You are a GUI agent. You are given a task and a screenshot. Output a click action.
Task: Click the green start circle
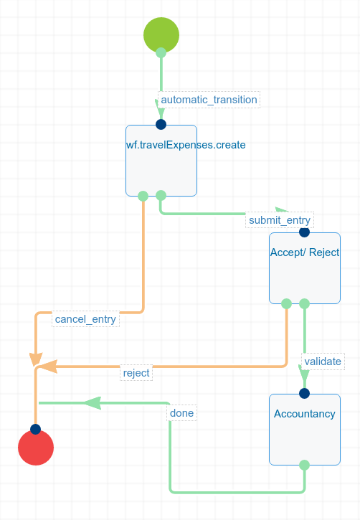tap(161, 34)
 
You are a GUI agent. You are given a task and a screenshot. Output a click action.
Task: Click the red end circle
tap(36, 448)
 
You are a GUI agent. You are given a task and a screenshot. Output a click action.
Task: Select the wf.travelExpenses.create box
tap(161, 161)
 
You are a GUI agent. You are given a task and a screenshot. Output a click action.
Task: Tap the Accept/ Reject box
tap(305, 268)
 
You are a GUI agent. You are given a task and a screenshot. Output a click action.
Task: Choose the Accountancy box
tap(305, 430)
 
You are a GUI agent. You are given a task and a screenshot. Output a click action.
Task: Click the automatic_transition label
tap(209, 100)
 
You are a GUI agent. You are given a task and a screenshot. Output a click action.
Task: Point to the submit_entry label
tap(280, 220)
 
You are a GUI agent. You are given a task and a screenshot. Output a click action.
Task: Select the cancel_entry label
tap(85, 319)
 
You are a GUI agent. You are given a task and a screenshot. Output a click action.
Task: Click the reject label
tap(136, 373)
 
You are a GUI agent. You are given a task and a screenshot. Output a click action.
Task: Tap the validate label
tap(323, 361)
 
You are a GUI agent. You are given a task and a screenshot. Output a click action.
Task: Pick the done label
tap(181, 413)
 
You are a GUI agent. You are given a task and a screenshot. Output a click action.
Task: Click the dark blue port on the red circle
tap(35, 429)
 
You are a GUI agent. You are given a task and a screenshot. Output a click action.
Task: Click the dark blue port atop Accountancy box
tap(304, 393)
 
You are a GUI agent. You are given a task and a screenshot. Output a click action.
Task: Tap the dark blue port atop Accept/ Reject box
tap(304, 232)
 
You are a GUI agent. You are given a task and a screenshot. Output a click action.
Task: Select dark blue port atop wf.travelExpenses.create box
tap(161, 124)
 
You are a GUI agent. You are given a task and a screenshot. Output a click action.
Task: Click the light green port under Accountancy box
tap(304, 465)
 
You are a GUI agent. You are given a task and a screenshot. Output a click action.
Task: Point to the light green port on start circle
tap(161, 52)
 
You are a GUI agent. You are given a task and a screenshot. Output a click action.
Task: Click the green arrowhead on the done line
tap(93, 403)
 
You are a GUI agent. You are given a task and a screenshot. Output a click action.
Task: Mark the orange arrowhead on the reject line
tap(48, 367)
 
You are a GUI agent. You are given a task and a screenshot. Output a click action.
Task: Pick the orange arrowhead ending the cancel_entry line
tap(36, 359)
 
